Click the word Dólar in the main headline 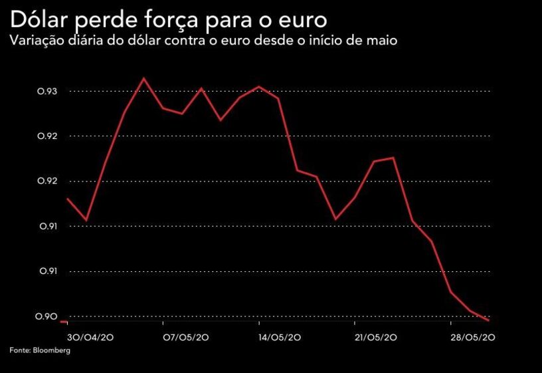click(x=41, y=17)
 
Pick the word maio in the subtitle click(x=383, y=41)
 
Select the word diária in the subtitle click(x=94, y=41)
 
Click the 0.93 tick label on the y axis click(x=47, y=91)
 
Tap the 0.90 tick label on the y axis click(x=47, y=316)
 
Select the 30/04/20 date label click(x=90, y=338)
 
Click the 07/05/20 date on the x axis click(x=186, y=338)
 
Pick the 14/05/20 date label click(x=282, y=338)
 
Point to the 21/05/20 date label click(x=377, y=338)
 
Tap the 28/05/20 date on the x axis click(x=472, y=338)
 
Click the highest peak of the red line click(x=144, y=78)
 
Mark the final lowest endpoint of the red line click(x=490, y=320)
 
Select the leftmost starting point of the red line click(x=67, y=198)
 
